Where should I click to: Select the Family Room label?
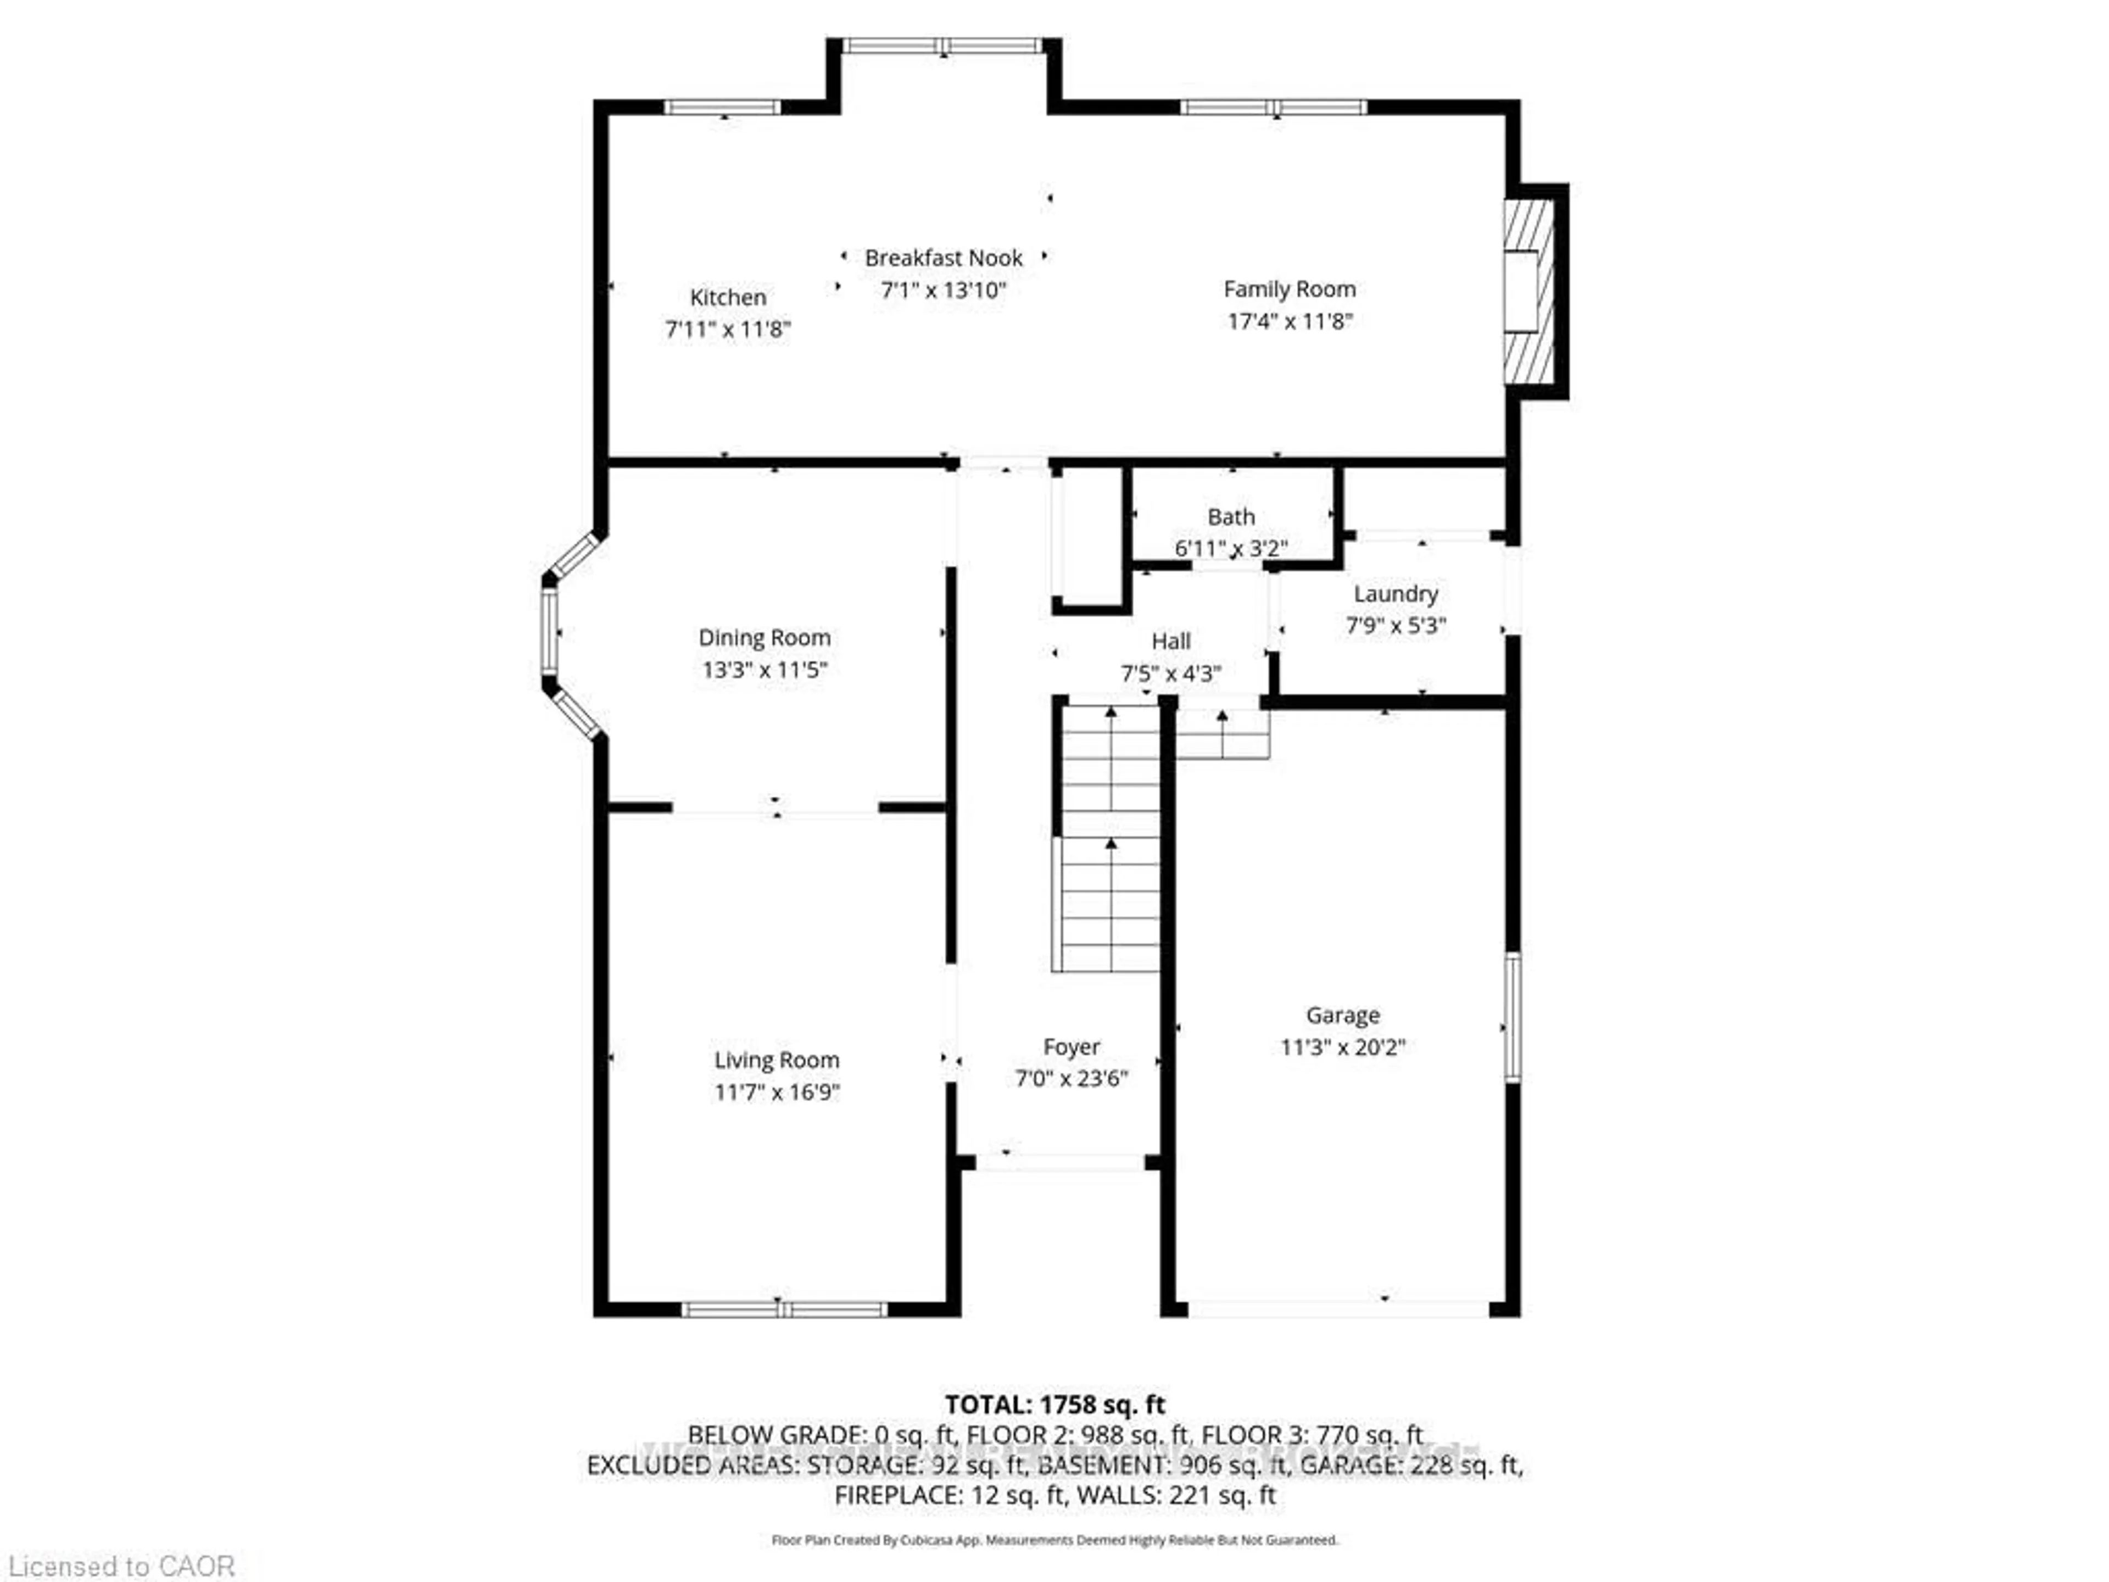coord(1289,289)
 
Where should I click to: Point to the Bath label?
coord(1231,517)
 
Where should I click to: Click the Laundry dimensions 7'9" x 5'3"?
coord(1396,626)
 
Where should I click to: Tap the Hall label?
coord(1171,641)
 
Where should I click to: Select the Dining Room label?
coord(764,637)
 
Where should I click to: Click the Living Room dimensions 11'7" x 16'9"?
coord(777,1092)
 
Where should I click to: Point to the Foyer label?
coord(1072,1047)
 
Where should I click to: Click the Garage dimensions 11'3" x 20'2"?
coord(1342,1047)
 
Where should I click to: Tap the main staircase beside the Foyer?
coord(1110,839)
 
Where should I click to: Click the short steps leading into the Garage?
coord(1223,734)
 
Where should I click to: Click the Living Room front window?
coord(784,1310)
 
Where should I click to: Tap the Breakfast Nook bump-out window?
coord(943,46)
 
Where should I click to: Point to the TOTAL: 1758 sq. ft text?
coord(1054,1405)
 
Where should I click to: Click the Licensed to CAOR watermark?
coord(121,1566)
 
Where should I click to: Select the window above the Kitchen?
coord(723,107)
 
